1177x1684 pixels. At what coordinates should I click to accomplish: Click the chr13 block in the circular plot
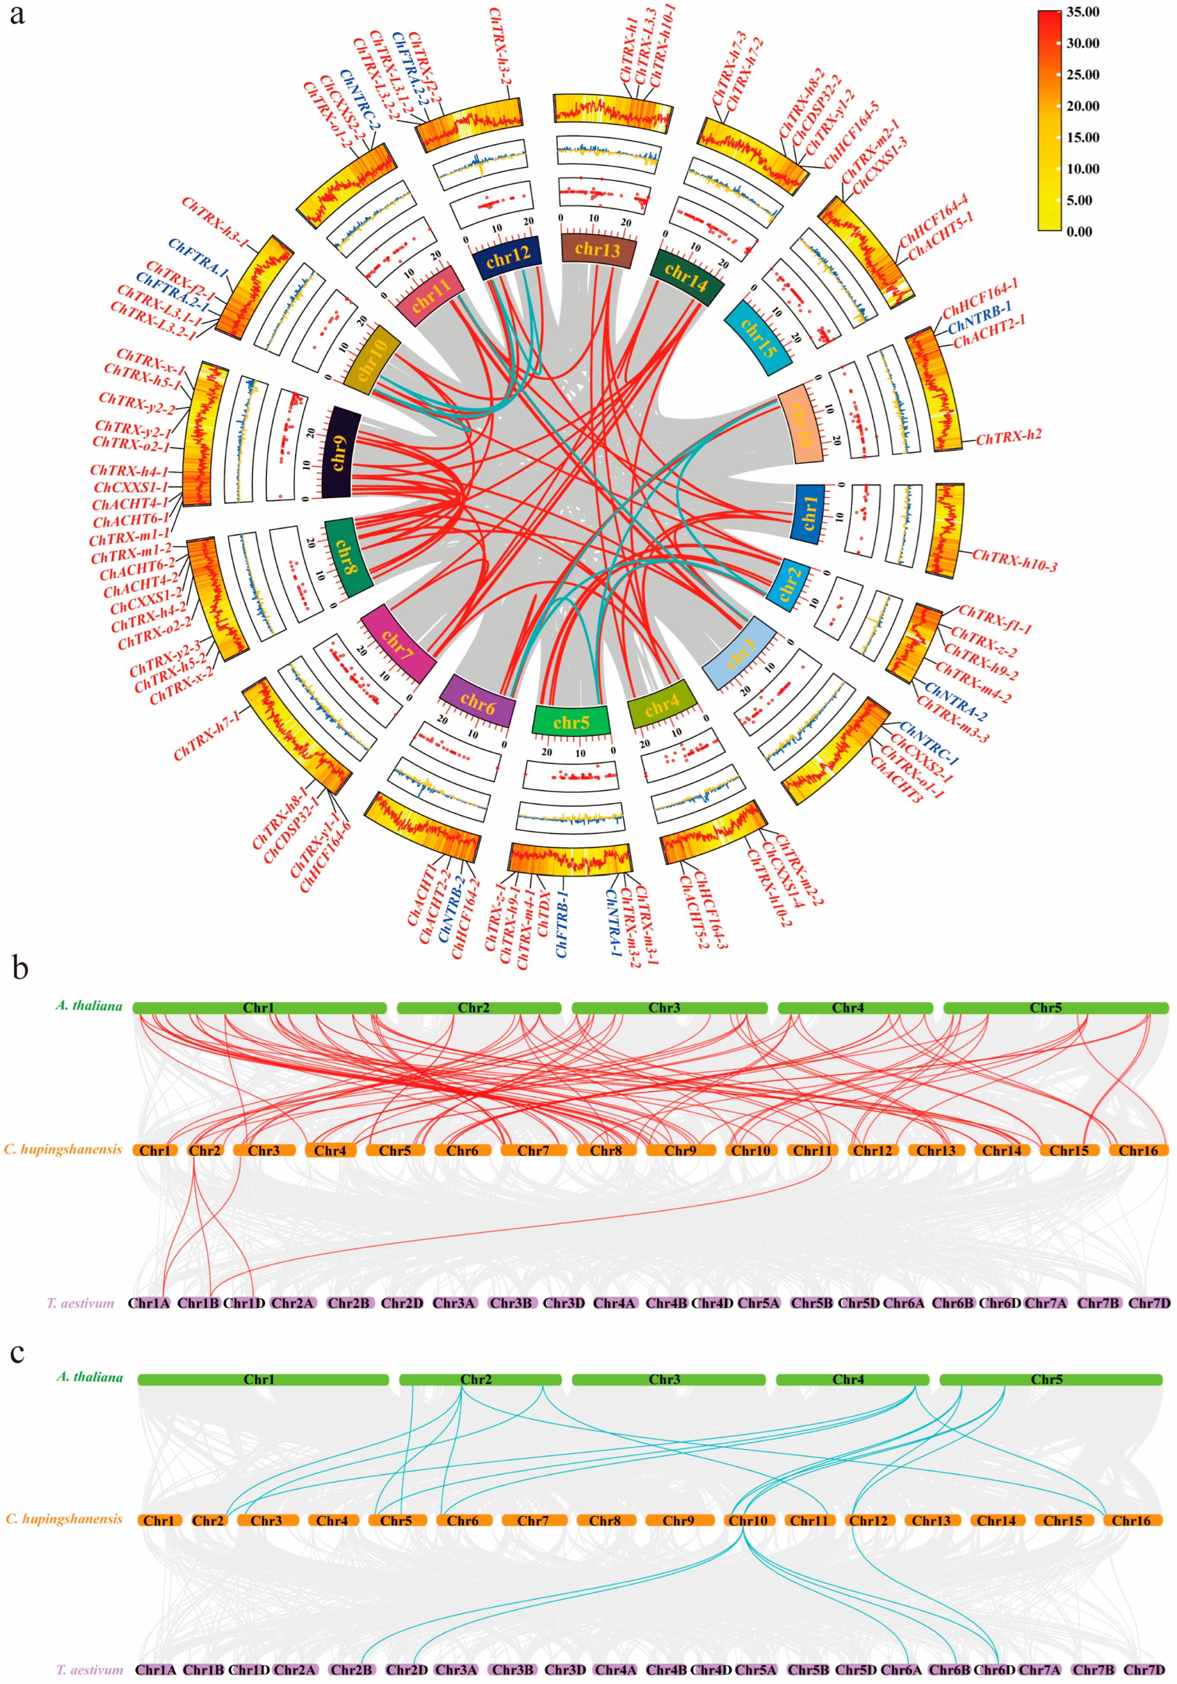pos(598,249)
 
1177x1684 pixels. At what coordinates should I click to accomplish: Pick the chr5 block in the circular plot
pos(570,722)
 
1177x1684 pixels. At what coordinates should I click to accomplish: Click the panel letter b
pos(20,968)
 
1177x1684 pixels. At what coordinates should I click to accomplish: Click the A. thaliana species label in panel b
pos(89,1006)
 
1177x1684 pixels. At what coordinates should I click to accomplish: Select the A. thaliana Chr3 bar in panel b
pos(665,1008)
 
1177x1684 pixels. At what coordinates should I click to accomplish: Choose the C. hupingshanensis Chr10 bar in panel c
pos(748,1521)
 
